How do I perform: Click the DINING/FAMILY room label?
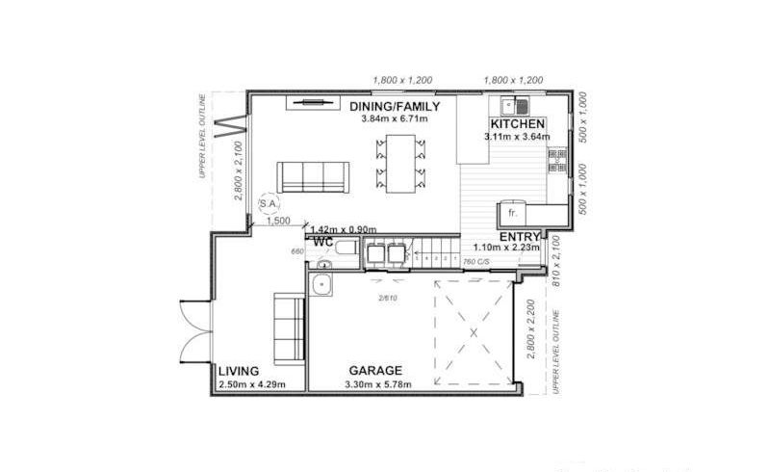pyautogui.click(x=395, y=106)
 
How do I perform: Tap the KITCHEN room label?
pyautogui.click(x=518, y=125)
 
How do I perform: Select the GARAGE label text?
pyautogui.click(x=375, y=371)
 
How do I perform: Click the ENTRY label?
pyautogui.click(x=518, y=237)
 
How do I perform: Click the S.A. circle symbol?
pyautogui.click(x=270, y=207)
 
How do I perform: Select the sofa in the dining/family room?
pyautogui.click(x=312, y=177)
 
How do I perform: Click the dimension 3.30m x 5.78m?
pyautogui.click(x=377, y=384)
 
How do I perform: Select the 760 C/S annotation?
pyautogui.click(x=476, y=262)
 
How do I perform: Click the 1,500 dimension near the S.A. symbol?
pyautogui.click(x=278, y=222)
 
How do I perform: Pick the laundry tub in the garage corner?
pyautogui.click(x=323, y=283)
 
